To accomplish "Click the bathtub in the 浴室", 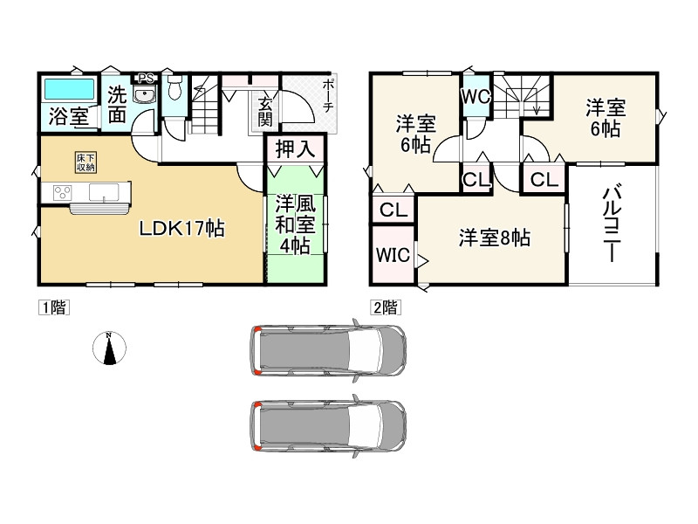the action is pyautogui.click(x=70, y=89).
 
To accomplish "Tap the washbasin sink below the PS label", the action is pyautogui.click(x=145, y=95).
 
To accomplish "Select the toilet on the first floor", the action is pyautogui.click(x=174, y=88).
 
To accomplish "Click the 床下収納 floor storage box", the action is pyautogui.click(x=85, y=162).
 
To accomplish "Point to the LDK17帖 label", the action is pyautogui.click(x=182, y=229).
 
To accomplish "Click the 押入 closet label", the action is pyautogui.click(x=295, y=148).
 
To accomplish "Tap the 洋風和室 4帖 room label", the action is pyautogui.click(x=295, y=224).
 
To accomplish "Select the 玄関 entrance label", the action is pyautogui.click(x=265, y=112).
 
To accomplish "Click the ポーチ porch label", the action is pyautogui.click(x=327, y=95).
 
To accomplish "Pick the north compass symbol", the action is pyautogui.click(x=109, y=348).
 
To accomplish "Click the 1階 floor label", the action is pyautogui.click(x=53, y=308).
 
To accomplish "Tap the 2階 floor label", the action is pyautogui.click(x=385, y=308).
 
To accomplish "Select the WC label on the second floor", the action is pyautogui.click(x=476, y=96).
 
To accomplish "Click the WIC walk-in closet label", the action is pyautogui.click(x=393, y=255).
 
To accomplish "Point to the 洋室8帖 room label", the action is pyautogui.click(x=495, y=238).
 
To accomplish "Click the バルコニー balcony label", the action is pyautogui.click(x=612, y=223).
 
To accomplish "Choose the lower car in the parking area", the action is pyautogui.click(x=328, y=426).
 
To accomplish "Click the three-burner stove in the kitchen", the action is pyautogui.click(x=62, y=193).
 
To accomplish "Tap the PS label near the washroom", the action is pyautogui.click(x=146, y=79).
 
